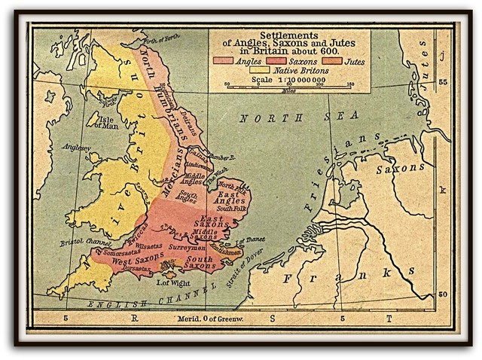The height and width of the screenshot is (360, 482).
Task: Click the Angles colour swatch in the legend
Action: coord(224,60)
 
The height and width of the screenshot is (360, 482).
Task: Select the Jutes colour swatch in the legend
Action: coord(329,60)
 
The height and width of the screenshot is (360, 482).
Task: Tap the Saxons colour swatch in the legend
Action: coord(276,60)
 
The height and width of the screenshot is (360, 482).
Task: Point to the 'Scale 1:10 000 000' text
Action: coord(288,78)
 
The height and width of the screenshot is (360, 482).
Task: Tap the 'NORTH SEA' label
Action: coord(278,118)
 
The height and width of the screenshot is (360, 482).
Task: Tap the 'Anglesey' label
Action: coord(76,147)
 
